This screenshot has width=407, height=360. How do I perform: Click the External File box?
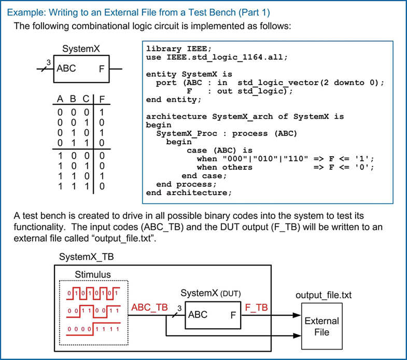tap(321, 326)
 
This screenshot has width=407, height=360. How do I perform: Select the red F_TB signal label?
tap(256, 307)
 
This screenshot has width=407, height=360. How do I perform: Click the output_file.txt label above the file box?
tap(324, 295)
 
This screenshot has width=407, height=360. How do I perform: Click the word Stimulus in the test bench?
tap(93, 274)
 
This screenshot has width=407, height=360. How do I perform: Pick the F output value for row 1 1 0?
tap(102, 176)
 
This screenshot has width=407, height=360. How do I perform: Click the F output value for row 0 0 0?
tap(102, 112)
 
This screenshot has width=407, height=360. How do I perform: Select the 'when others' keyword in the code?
tap(224, 167)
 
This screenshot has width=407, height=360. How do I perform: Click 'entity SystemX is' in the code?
tap(189, 74)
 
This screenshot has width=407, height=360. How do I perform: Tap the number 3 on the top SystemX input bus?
tap(48, 62)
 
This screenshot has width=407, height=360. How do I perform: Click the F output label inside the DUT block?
tap(233, 314)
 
